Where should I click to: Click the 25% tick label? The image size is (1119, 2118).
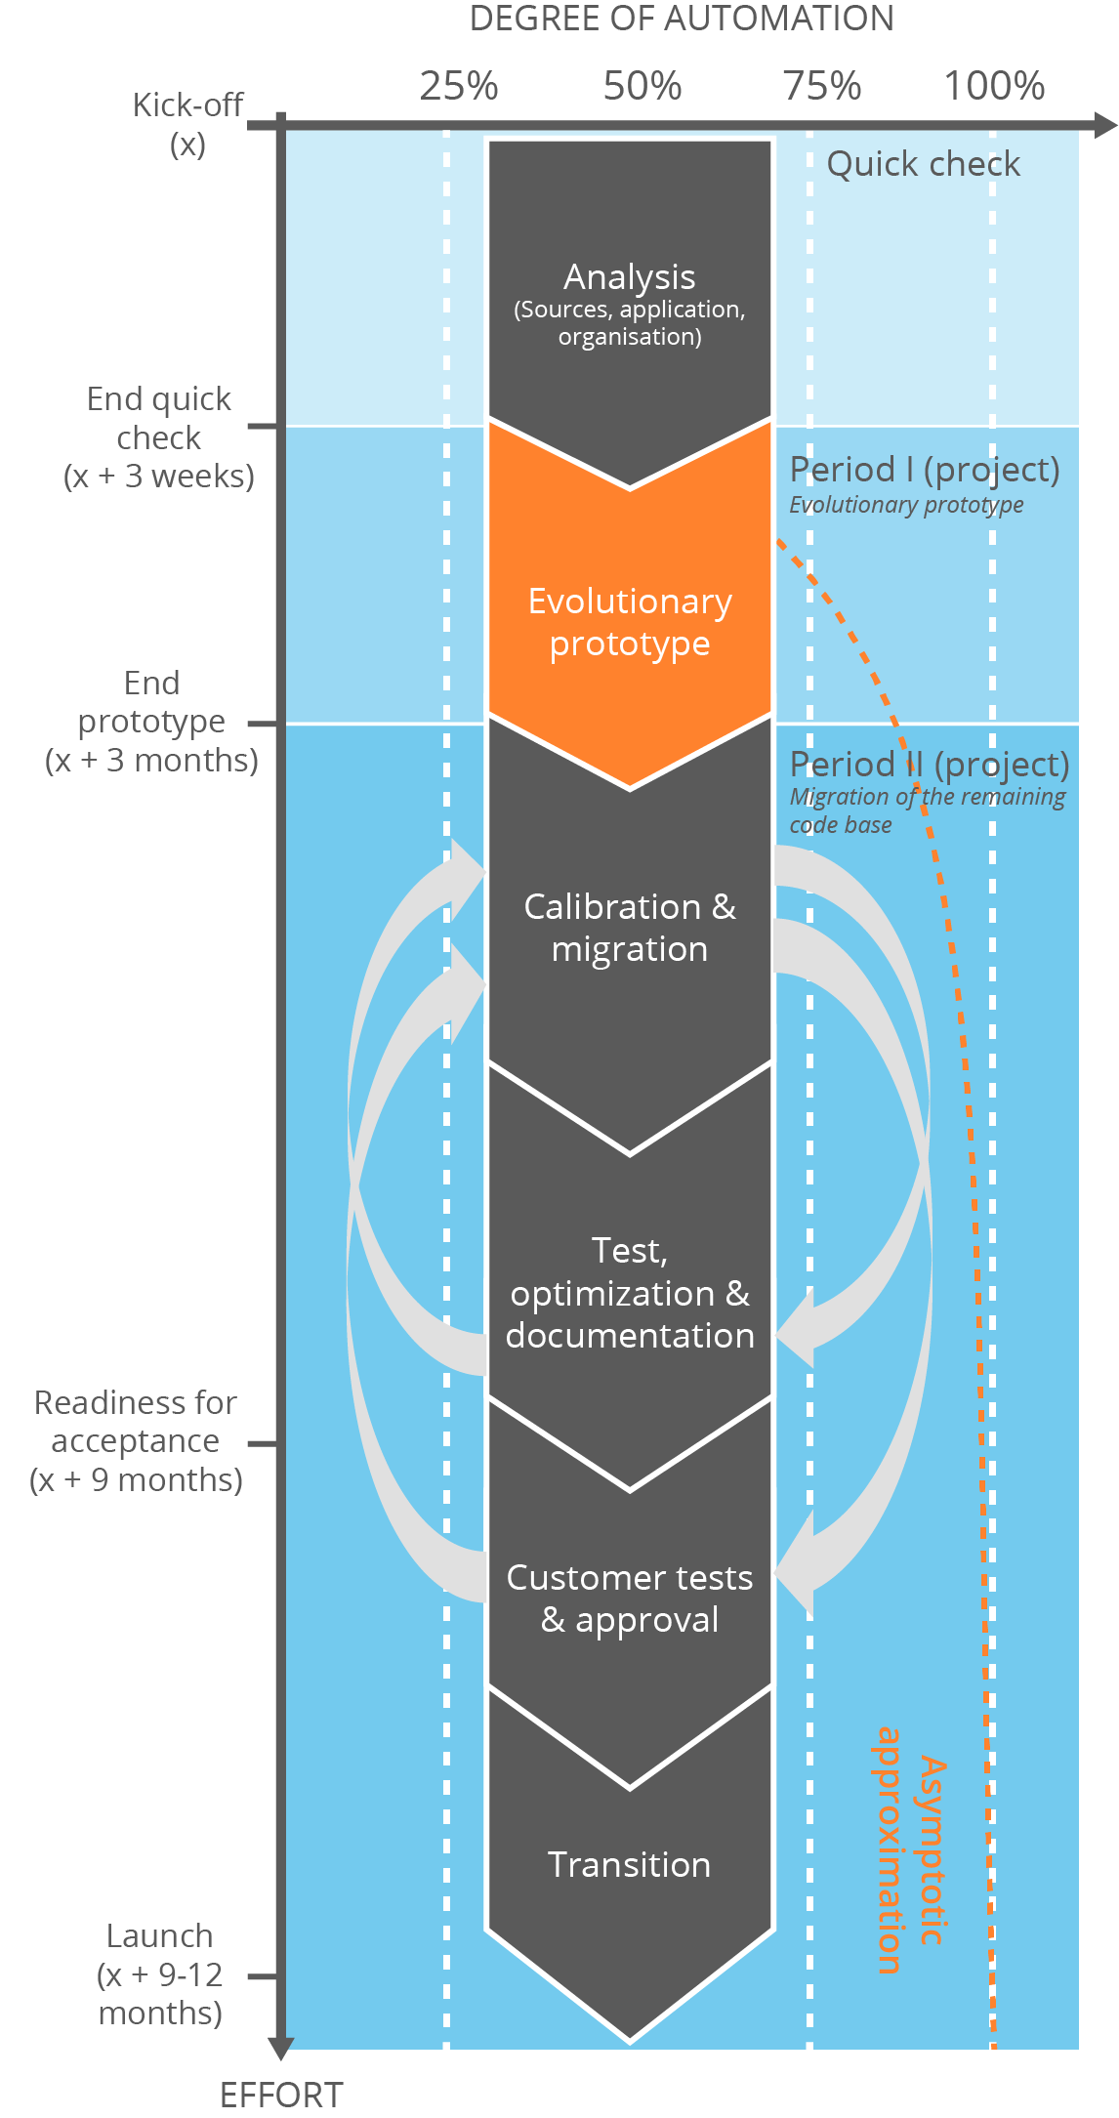click(x=458, y=86)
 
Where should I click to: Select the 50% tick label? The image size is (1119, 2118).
click(x=642, y=86)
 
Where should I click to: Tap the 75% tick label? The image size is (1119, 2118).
click(x=822, y=86)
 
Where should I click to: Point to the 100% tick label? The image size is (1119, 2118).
click(x=994, y=86)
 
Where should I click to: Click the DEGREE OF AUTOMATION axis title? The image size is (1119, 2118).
click(x=682, y=19)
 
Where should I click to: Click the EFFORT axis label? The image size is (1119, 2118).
click(x=281, y=2095)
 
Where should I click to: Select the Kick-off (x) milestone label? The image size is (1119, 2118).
click(x=187, y=124)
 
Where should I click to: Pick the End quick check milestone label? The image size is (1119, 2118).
click(x=159, y=436)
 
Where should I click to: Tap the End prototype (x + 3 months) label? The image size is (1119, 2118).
click(x=151, y=721)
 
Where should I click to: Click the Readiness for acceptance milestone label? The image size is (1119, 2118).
click(x=136, y=1440)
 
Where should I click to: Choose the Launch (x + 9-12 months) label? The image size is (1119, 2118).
click(x=160, y=1973)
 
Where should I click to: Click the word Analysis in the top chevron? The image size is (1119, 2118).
click(x=630, y=277)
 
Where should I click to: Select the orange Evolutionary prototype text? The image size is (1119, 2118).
click(x=630, y=622)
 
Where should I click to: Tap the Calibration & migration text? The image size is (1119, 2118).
click(x=630, y=928)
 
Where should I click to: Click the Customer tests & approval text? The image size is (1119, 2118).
click(x=630, y=1598)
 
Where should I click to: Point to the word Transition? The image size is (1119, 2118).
click(x=630, y=1864)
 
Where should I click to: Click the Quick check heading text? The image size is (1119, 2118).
click(x=923, y=164)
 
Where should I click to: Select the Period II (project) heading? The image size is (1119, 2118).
click(x=929, y=764)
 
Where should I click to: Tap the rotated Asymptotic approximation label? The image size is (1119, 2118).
click(x=909, y=1849)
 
